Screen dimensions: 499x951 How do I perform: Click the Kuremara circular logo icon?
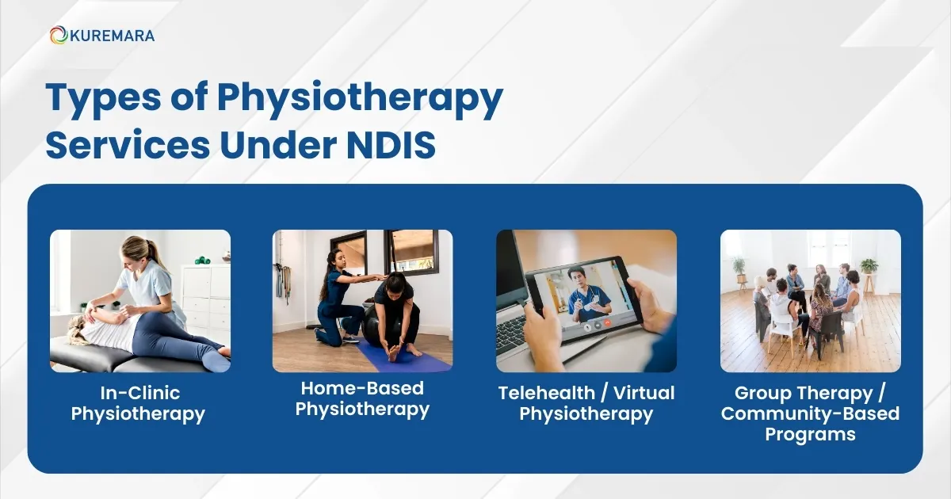point(58,35)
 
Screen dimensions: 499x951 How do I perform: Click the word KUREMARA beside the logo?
point(112,35)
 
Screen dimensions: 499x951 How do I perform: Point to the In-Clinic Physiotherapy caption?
point(138,403)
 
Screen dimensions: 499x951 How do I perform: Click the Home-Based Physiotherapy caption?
point(362,398)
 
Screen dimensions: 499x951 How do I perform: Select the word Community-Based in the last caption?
point(810,413)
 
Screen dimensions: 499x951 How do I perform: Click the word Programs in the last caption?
point(810,434)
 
